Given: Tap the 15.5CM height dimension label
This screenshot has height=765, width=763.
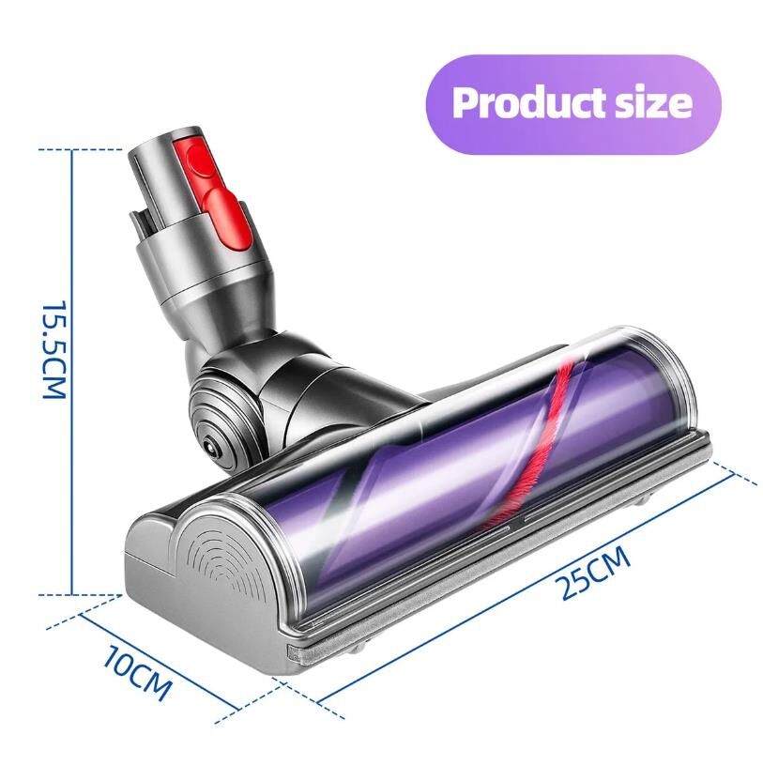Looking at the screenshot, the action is (54, 349).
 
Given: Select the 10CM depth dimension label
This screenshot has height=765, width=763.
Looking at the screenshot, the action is (138, 673).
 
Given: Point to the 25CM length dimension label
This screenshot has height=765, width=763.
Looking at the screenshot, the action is (595, 574).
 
